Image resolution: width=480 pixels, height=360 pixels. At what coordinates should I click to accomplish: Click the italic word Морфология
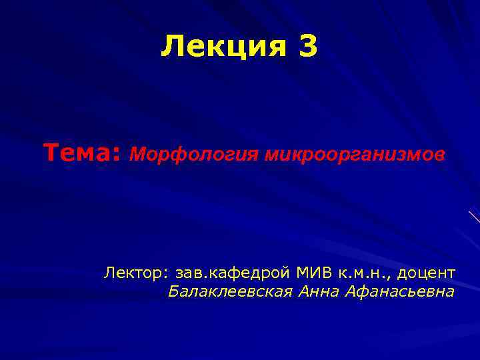[x=195, y=155]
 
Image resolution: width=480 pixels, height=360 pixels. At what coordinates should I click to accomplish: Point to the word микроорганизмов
[x=354, y=155]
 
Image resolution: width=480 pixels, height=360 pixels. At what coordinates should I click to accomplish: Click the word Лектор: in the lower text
[x=137, y=273]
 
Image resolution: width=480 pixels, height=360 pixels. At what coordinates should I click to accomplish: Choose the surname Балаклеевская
[x=230, y=291]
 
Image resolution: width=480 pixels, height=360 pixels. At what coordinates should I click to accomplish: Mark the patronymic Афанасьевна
[x=401, y=291]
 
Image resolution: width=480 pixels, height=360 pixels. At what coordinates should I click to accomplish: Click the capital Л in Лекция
[x=171, y=47]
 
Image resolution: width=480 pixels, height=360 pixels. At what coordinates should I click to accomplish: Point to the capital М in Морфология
[x=136, y=155]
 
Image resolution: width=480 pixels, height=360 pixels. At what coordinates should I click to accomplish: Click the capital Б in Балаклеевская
[x=173, y=291]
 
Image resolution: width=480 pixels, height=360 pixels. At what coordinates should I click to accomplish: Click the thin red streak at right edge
[x=474, y=216]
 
